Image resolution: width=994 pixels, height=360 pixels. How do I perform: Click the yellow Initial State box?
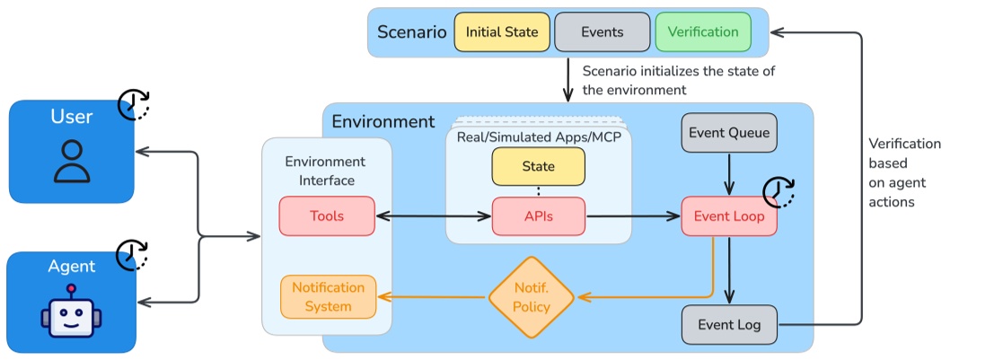point(502,32)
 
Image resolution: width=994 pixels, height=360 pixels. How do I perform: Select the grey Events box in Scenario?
point(602,32)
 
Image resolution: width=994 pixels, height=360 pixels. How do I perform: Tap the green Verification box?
point(703,32)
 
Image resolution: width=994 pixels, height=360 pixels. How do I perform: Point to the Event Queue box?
point(729,134)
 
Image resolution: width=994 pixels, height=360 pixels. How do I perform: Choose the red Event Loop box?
point(729,216)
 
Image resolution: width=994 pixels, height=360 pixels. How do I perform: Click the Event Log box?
point(729,325)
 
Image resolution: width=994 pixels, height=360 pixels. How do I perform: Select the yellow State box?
point(538,167)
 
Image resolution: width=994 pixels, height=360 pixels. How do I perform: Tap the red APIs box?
point(538,216)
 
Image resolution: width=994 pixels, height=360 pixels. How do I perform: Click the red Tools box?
point(327,216)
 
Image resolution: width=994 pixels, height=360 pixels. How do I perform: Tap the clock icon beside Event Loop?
point(779,192)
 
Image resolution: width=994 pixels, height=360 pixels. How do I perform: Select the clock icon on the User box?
point(134,104)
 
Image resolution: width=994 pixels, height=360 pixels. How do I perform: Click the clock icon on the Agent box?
point(134,255)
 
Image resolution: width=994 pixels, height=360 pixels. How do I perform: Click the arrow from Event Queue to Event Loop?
point(729,173)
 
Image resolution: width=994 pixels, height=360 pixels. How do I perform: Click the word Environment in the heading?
point(383,121)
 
